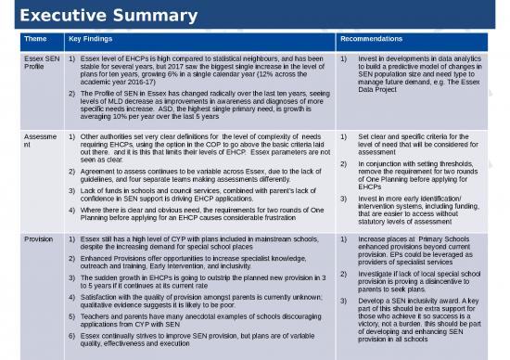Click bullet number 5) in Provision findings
tap(71, 315)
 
